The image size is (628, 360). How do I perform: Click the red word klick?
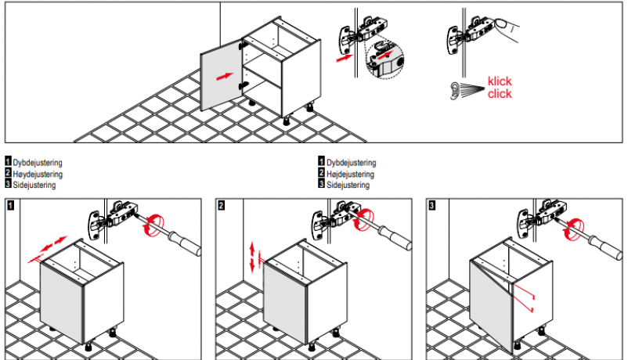500,81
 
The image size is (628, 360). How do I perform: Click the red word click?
500,94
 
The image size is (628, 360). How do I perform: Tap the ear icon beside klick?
455,91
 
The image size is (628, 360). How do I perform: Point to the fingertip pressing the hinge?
501,24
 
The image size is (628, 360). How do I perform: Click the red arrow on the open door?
225,76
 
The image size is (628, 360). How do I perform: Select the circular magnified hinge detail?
385,59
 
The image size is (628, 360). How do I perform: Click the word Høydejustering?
38,175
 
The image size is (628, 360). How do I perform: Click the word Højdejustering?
351,175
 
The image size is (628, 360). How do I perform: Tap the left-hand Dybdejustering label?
38,163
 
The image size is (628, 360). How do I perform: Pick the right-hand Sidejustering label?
348,185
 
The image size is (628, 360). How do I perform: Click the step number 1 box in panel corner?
10,205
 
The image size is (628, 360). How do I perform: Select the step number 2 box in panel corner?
221,205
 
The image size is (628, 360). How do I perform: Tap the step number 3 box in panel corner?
431,205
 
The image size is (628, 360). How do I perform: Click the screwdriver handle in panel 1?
184,243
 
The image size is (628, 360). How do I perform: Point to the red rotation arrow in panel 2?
364,219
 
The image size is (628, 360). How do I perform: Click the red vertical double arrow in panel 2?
252,257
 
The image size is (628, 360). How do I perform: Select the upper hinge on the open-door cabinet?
242,45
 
